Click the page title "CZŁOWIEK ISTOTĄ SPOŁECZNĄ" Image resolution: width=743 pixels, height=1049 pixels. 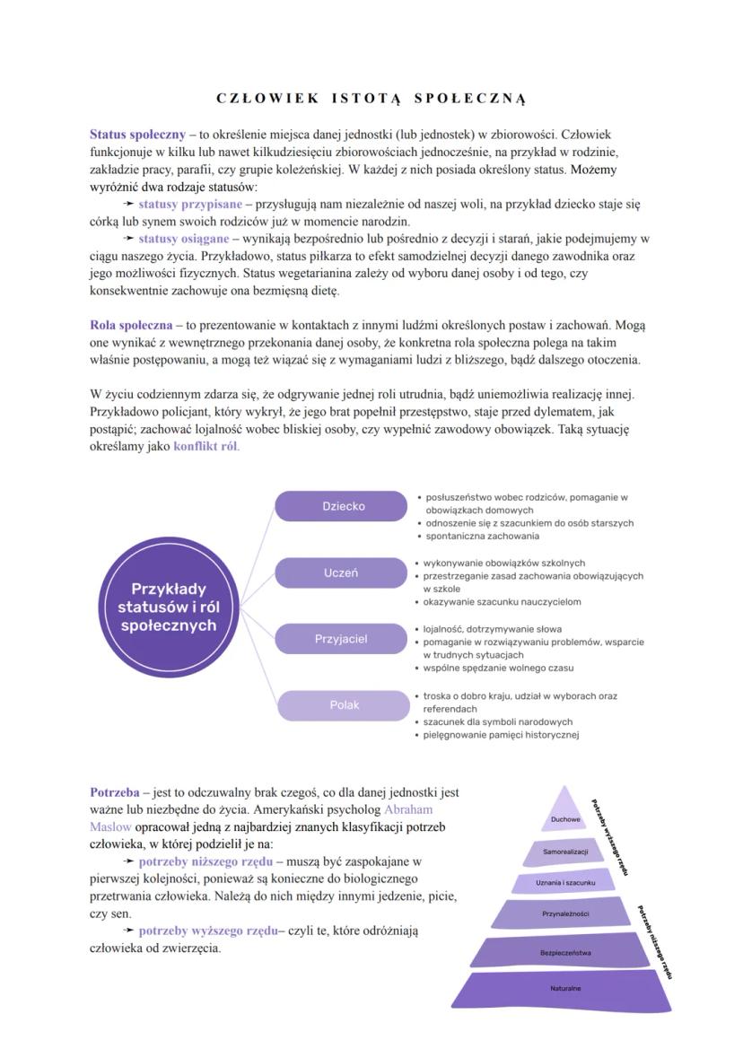[x=371, y=97]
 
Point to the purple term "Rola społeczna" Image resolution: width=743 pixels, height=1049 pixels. [x=131, y=325]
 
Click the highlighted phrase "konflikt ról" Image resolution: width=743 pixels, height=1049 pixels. [x=205, y=446]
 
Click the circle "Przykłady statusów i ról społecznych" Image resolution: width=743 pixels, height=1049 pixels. [x=169, y=607]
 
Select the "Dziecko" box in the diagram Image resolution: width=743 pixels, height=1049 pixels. [x=344, y=506]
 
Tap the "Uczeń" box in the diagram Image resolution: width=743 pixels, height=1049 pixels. [x=341, y=573]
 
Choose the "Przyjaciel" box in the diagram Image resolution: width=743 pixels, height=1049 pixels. [x=341, y=639]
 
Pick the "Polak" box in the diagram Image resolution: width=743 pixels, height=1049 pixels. [x=344, y=705]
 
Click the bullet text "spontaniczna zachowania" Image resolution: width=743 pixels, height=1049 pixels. [x=483, y=536]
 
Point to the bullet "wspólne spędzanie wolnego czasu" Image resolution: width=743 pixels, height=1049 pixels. [x=498, y=668]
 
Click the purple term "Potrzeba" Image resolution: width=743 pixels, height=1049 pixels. [x=115, y=792]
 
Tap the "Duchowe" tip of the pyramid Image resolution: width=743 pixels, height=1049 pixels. [x=565, y=818]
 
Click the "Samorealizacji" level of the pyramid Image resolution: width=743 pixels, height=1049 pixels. [x=565, y=851]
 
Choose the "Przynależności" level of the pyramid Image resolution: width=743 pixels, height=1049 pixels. [x=565, y=914]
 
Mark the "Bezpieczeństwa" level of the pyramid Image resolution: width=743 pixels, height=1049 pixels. [x=565, y=952]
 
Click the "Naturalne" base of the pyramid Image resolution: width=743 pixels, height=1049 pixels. [x=565, y=989]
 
